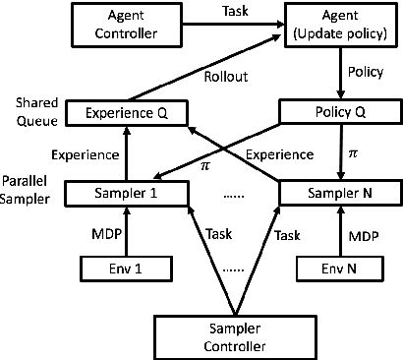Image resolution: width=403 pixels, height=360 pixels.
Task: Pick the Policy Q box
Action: [340, 111]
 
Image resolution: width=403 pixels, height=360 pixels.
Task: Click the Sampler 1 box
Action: [127, 193]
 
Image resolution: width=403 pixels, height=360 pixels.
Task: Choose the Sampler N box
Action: [340, 193]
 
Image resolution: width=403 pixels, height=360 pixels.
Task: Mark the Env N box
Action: [340, 267]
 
